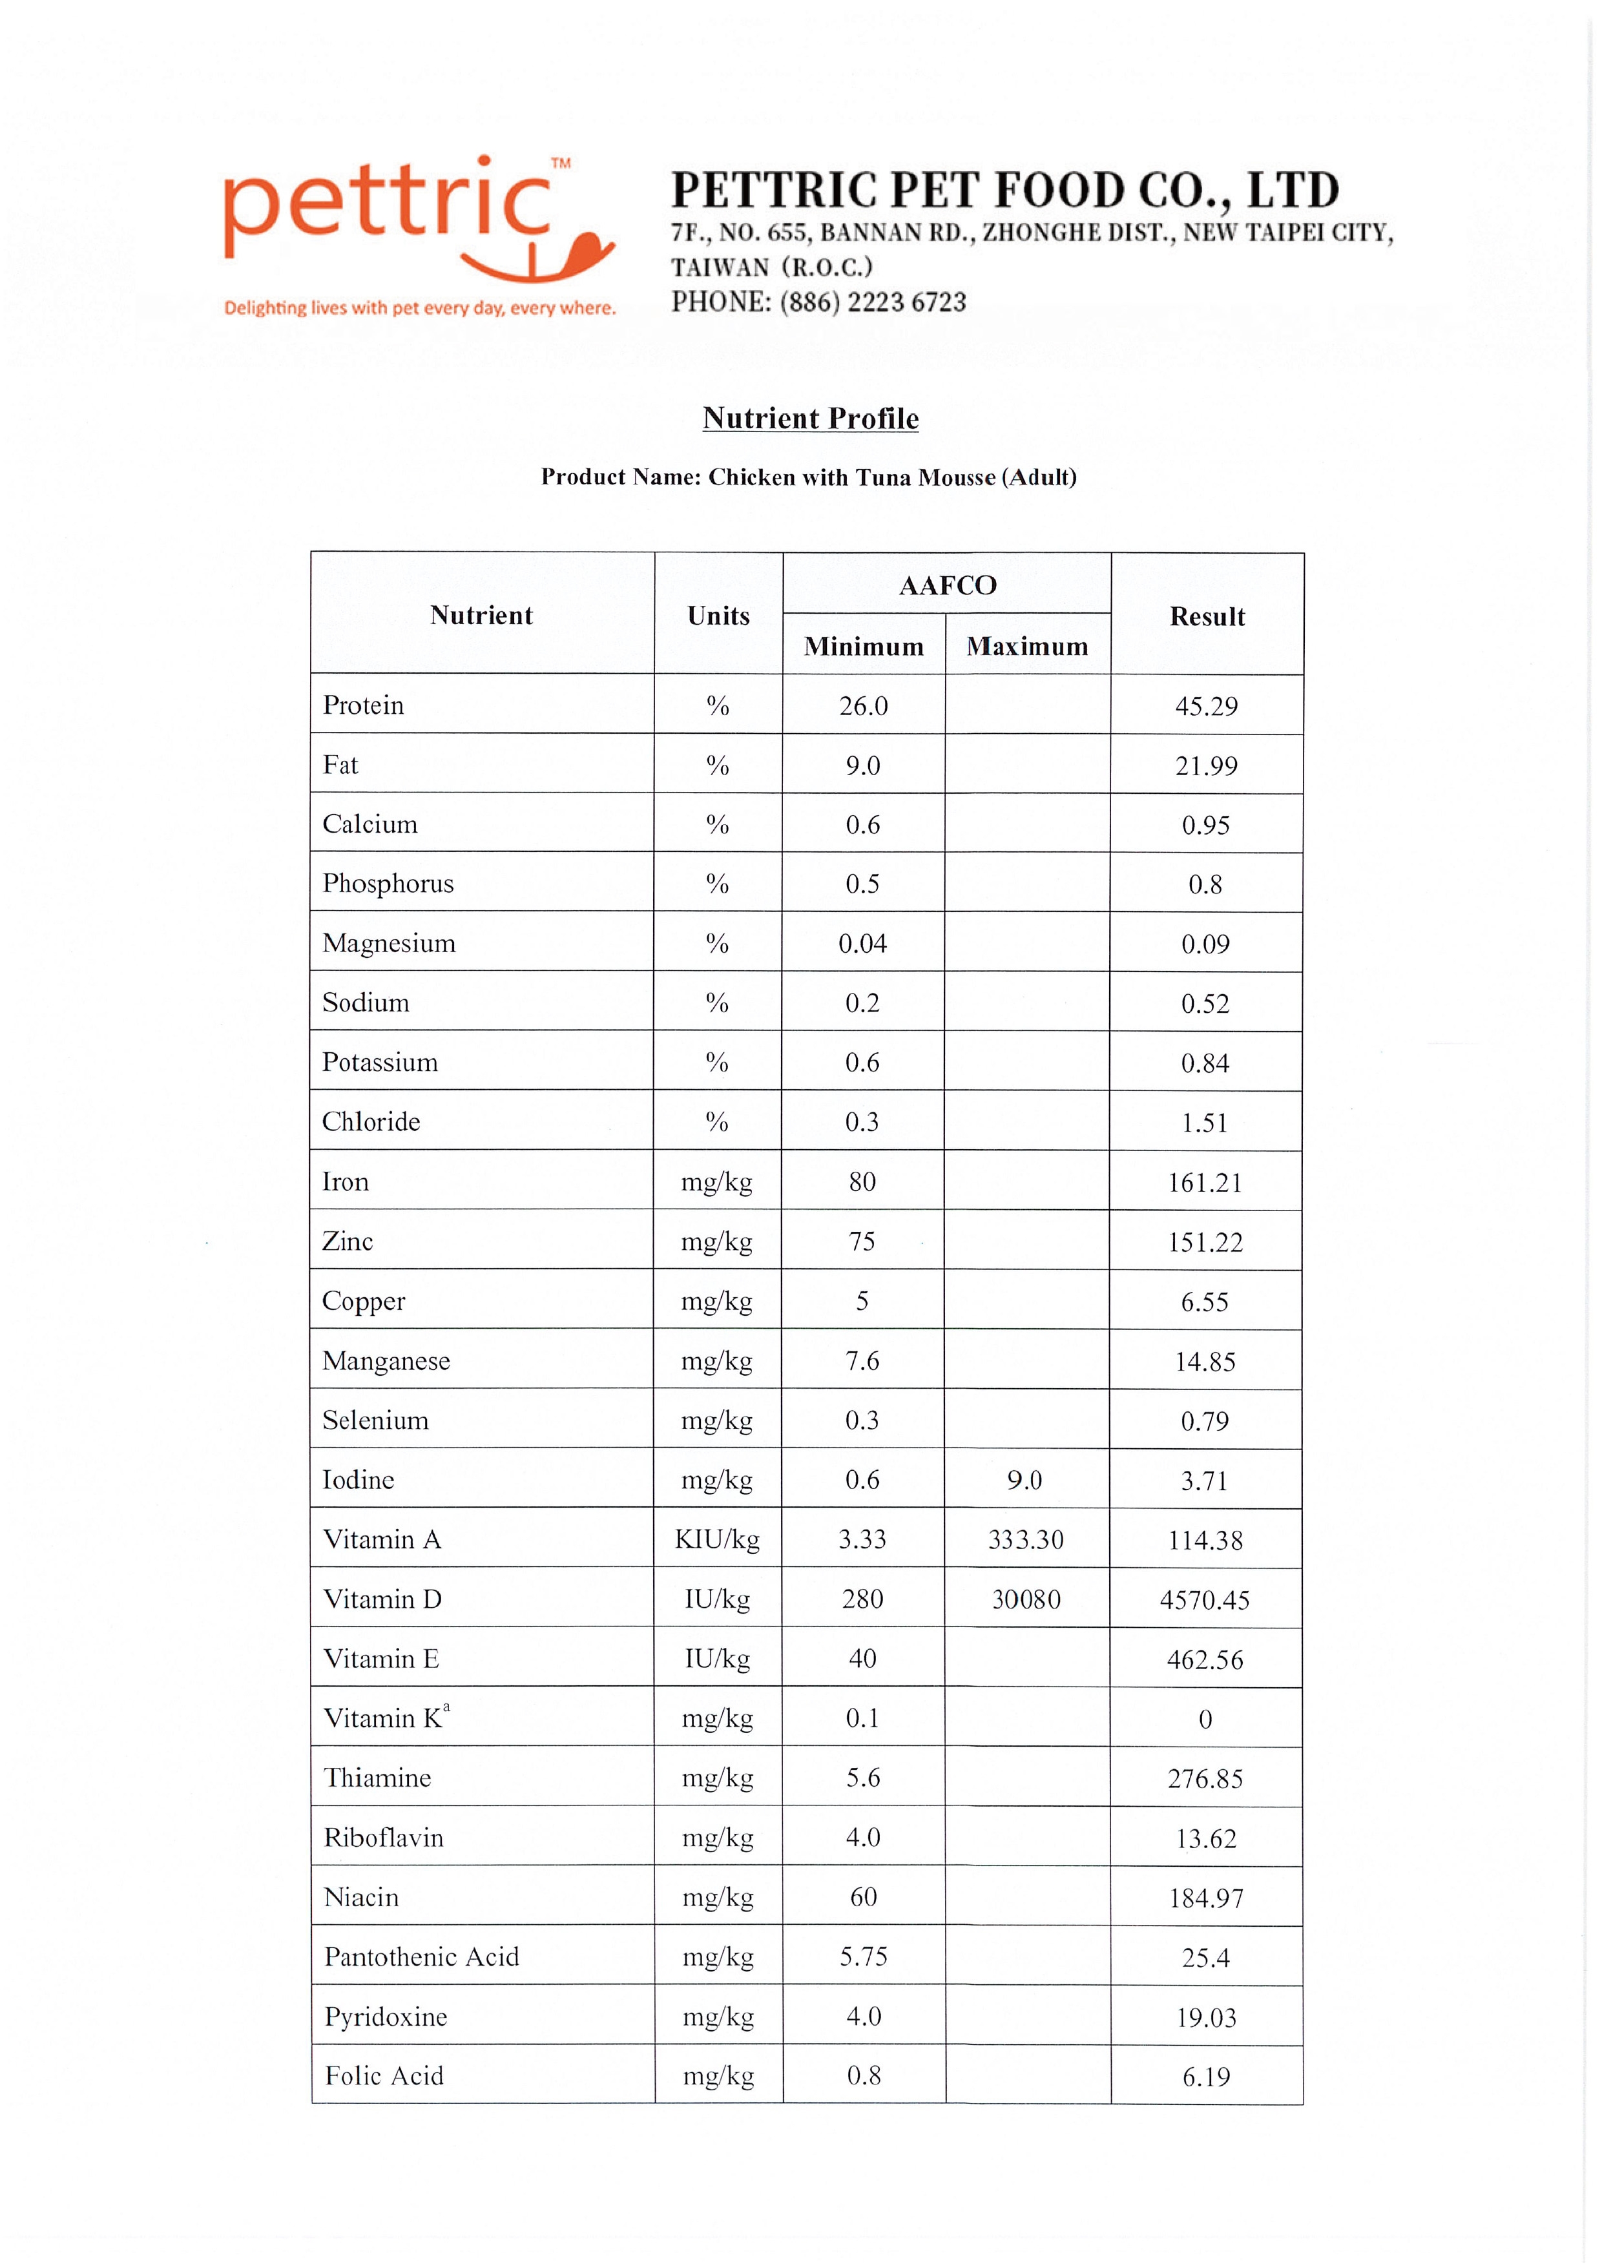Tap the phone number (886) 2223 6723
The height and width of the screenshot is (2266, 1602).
873,302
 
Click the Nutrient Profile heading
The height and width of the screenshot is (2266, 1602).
811,419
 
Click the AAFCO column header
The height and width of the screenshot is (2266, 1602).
948,585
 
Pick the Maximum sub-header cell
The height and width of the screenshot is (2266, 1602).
1028,647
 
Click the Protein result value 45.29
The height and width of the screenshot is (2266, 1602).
1205,707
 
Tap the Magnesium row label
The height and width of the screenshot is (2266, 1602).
389,944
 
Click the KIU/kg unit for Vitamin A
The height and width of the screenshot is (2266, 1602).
718,1539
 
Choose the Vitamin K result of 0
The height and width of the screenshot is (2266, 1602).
1205,1720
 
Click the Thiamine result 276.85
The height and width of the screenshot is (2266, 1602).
1205,1778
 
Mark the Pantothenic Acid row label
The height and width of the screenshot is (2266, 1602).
421,1957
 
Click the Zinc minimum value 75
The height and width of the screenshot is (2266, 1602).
862,1242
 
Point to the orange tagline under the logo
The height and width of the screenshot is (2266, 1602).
419,308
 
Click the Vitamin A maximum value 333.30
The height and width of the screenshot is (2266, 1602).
1026,1539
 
